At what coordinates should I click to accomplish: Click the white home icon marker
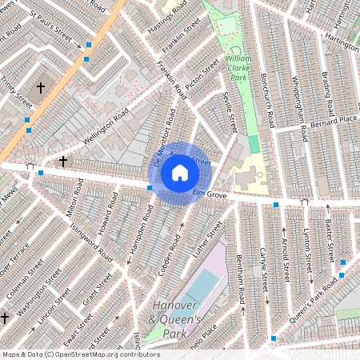coord(180,173)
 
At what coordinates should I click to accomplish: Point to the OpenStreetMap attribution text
coord(81,354)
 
